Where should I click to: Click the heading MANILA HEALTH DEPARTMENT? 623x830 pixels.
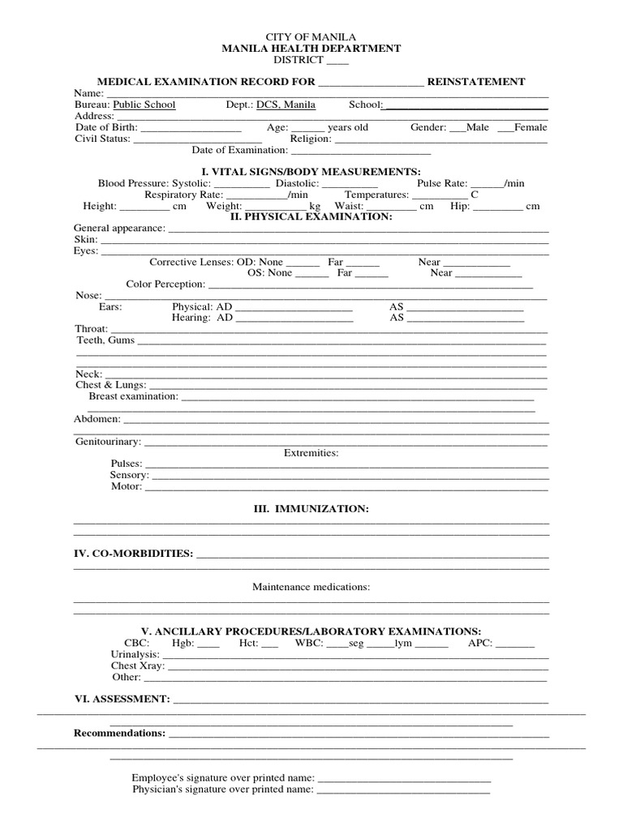coord(311,49)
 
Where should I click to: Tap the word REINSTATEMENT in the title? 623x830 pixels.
coord(476,82)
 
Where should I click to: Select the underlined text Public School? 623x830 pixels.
coord(144,105)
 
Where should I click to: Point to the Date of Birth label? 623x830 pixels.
coord(106,127)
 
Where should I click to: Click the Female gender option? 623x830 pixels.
coord(531,127)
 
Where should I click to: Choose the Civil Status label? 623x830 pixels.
coord(102,139)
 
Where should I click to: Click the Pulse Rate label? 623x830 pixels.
coord(442,184)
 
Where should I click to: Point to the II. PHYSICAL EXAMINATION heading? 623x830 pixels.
coord(311,217)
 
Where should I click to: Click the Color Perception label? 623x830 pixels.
coord(165,285)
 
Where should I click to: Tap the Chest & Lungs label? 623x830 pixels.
coord(111,385)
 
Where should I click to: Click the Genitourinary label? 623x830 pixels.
coord(108,442)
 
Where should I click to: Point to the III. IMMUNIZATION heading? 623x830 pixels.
coord(311,509)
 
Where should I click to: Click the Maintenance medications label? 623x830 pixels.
coord(311,587)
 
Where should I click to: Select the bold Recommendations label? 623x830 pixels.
coord(119,733)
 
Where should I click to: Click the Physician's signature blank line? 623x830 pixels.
coord(403,789)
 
